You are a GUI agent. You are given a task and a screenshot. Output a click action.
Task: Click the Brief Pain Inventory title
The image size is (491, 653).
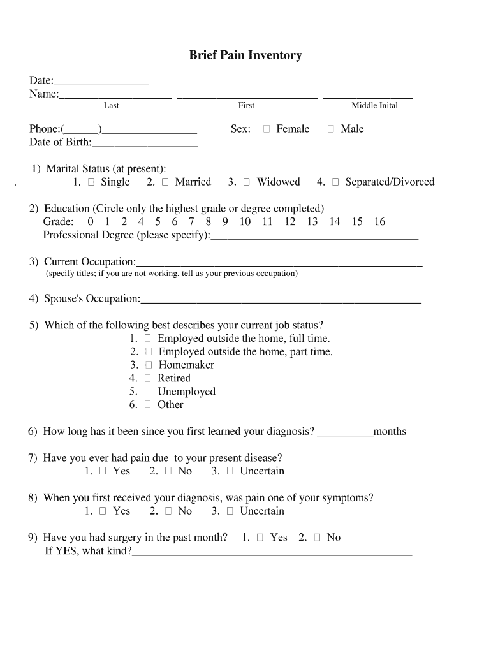(x=245, y=55)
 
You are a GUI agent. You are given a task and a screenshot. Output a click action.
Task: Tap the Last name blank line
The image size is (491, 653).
(x=115, y=97)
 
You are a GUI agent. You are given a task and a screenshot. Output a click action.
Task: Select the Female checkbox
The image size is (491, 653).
(x=267, y=129)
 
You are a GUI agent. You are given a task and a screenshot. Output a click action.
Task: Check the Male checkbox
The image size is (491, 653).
(x=330, y=129)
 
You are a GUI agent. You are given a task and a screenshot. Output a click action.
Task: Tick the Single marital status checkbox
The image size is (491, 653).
(x=91, y=182)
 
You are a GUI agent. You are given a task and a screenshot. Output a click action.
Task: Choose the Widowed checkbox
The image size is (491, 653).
(x=247, y=182)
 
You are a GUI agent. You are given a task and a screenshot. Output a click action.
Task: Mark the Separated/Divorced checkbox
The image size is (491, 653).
(x=335, y=182)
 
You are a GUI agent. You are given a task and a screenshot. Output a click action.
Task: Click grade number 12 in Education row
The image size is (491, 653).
(x=290, y=222)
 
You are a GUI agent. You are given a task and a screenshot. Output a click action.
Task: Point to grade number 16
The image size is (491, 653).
(x=379, y=222)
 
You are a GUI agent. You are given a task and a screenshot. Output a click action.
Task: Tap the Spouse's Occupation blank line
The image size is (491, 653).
(x=281, y=301)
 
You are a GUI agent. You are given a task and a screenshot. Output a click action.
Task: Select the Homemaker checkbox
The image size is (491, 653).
(x=149, y=365)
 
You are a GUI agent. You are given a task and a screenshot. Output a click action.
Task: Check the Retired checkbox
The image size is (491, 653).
(x=148, y=378)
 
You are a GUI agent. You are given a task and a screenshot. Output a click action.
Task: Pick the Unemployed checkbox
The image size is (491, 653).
(x=148, y=392)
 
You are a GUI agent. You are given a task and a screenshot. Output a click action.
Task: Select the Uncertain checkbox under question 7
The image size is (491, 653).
(x=230, y=471)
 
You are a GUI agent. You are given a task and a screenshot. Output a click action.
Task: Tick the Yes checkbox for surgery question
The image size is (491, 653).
(x=260, y=538)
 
